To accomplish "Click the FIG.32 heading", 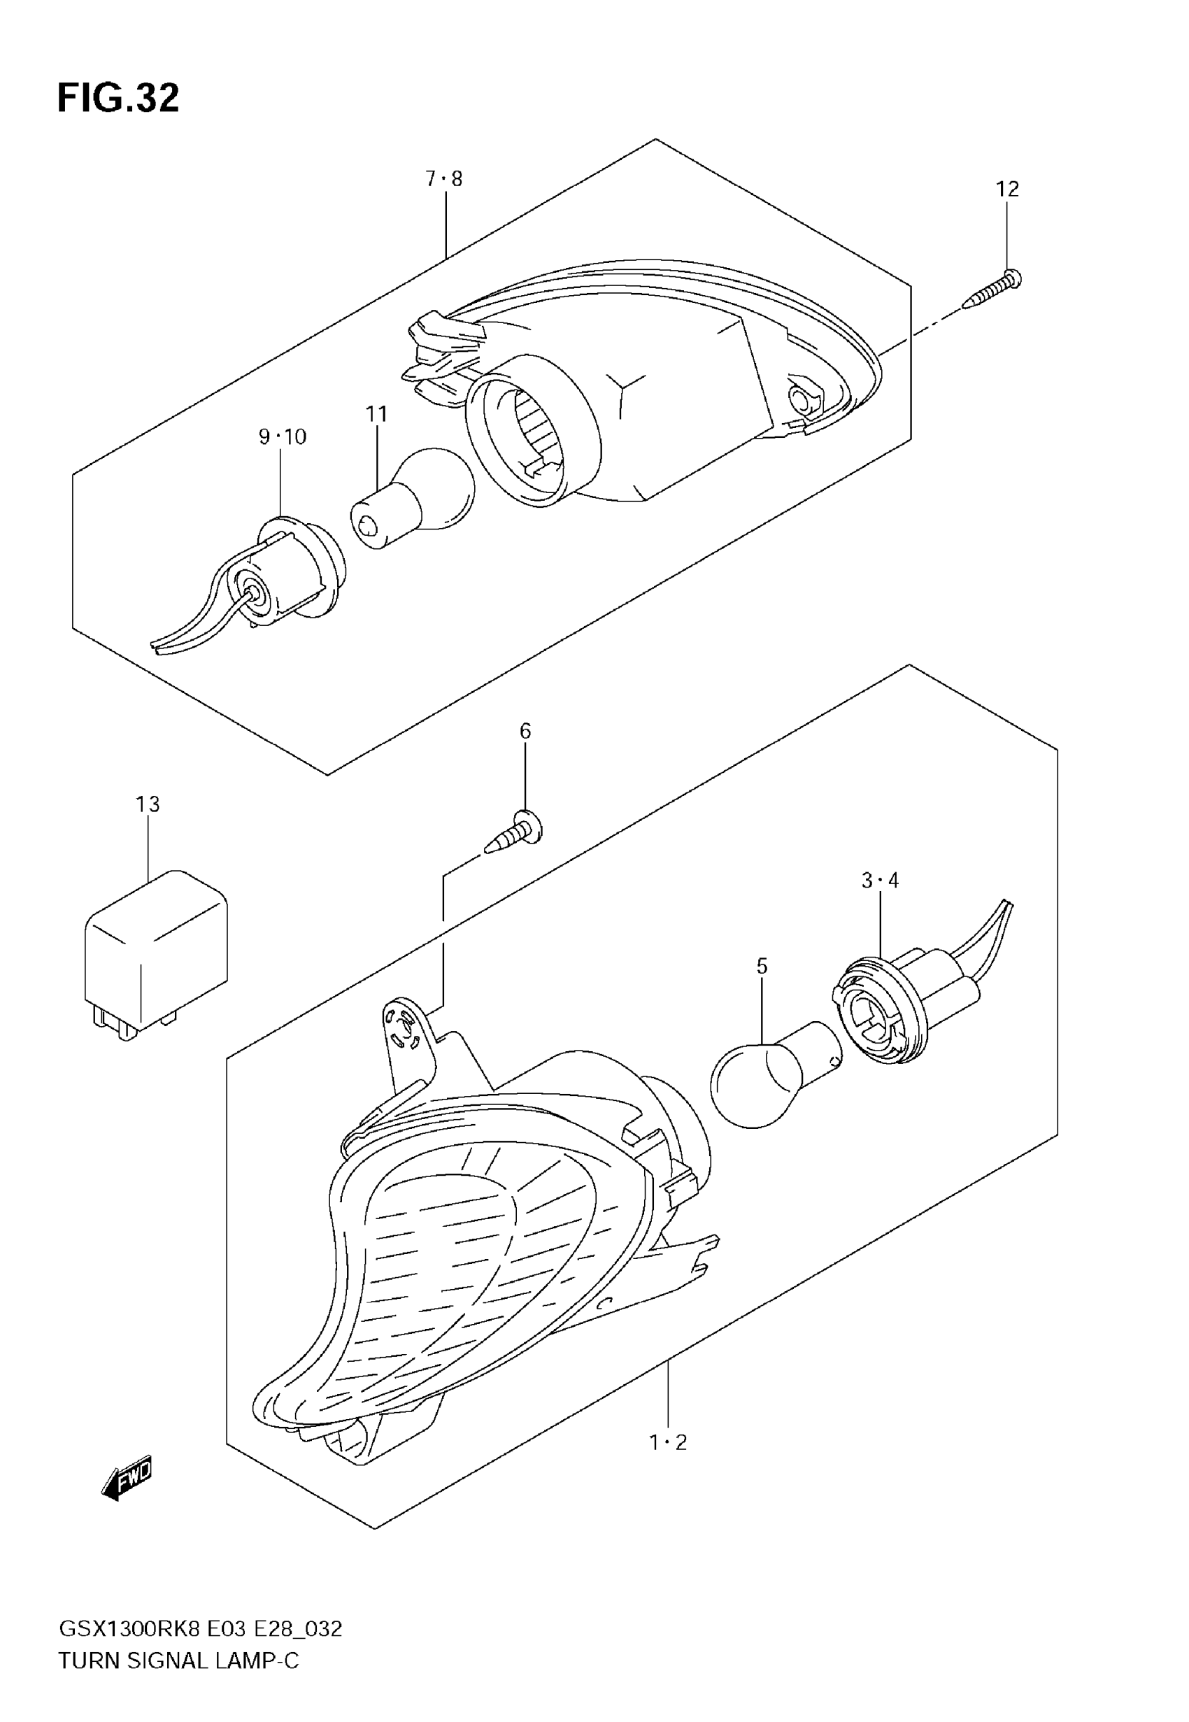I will point(118,99).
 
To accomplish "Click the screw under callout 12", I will point(992,290).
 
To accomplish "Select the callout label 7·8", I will point(444,179).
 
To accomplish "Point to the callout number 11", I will point(377,414).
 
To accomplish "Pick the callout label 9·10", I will point(283,436).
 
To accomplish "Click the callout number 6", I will point(525,732).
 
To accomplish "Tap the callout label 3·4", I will point(880,881).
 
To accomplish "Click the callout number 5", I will point(762,967).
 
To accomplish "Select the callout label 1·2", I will point(668,1443).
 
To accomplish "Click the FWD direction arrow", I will point(127,1476).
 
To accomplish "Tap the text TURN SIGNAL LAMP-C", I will point(179,1661).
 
